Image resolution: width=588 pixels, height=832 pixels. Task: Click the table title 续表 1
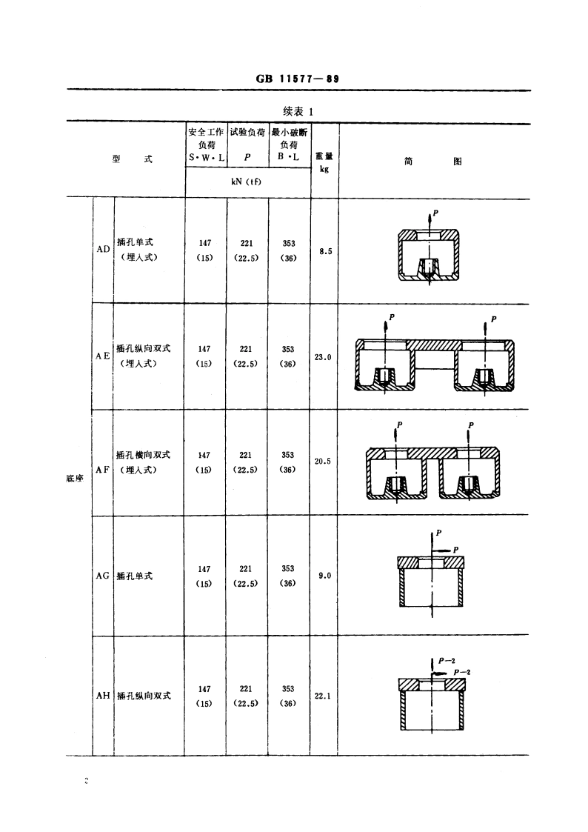(298, 111)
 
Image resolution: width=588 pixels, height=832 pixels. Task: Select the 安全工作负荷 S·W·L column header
(206, 144)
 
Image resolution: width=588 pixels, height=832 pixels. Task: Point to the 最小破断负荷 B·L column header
(290, 144)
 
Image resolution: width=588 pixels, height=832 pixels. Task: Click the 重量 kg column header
(324, 162)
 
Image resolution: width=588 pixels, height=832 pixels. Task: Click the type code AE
(103, 356)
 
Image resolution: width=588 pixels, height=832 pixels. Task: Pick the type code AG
(103, 576)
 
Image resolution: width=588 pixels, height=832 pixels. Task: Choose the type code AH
(103, 696)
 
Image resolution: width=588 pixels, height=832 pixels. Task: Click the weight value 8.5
(325, 251)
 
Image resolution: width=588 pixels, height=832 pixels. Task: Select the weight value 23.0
(324, 357)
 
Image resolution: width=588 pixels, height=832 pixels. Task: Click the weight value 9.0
(324, 576)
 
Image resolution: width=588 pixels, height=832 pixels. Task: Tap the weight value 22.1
(324, 696)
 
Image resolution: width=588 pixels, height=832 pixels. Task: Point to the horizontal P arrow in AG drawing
(442, 550)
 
